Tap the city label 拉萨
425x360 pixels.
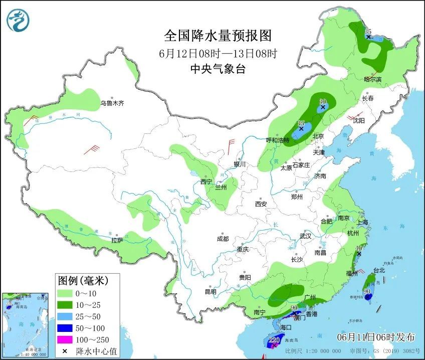pos(117,241)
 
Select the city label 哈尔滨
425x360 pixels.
pos(372,80)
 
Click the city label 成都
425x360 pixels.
pos(223,239)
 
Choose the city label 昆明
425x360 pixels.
pos(210,291)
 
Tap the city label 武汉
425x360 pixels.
pos(305,236)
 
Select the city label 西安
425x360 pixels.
pos(261,204)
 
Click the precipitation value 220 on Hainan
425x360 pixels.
pos(274,339)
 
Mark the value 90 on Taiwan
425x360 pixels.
pos(367,291)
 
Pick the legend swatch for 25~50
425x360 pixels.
pos(64,316)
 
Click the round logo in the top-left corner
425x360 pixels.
pos(18,20)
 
